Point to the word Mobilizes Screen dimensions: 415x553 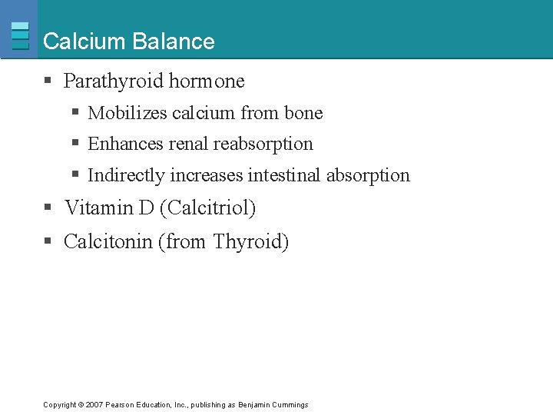tap(127, 113)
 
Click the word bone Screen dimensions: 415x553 tap(303, 113)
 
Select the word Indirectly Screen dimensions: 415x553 tap(127, 175)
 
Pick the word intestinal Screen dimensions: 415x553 tap(285, 175)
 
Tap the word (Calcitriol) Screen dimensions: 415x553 tap(207, 207)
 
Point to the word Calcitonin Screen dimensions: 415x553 tap(108, 242)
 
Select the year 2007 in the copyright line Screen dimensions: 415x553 tap(94, 404)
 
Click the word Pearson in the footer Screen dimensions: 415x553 tap(120, 404)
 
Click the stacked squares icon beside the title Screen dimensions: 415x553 tap(20, 35)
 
